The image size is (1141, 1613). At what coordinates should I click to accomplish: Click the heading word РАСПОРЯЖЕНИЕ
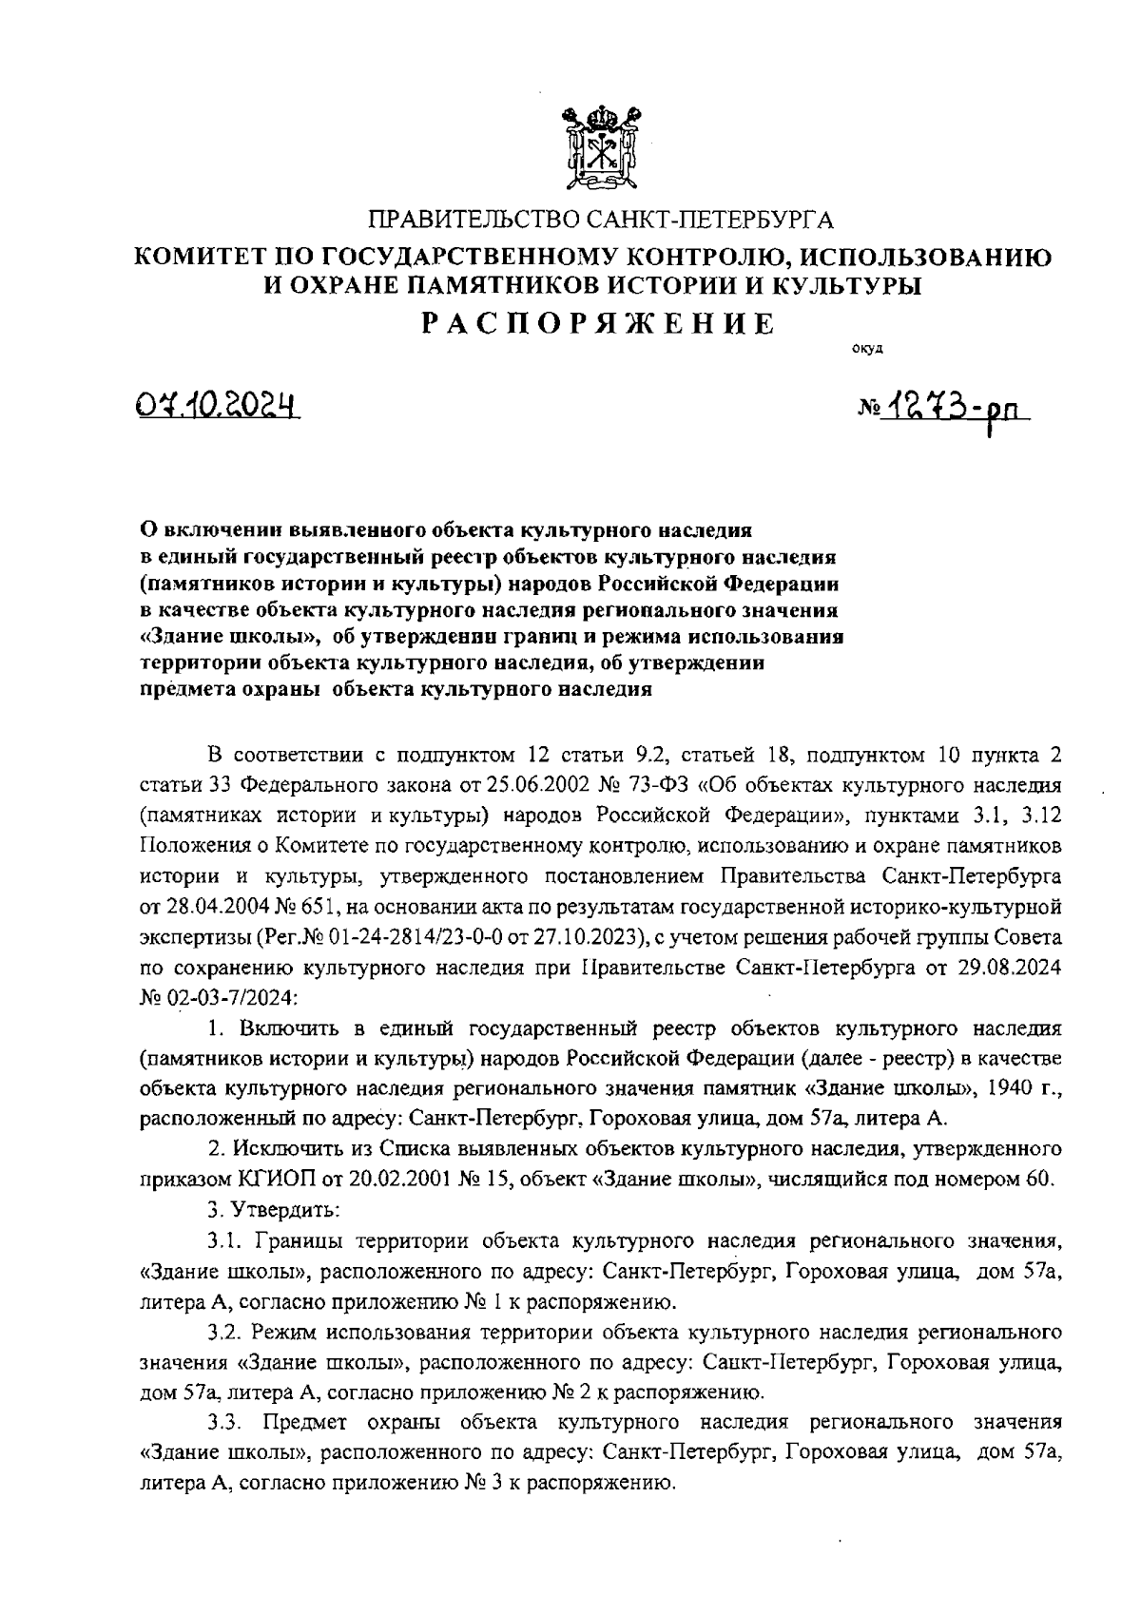pos(598,323)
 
